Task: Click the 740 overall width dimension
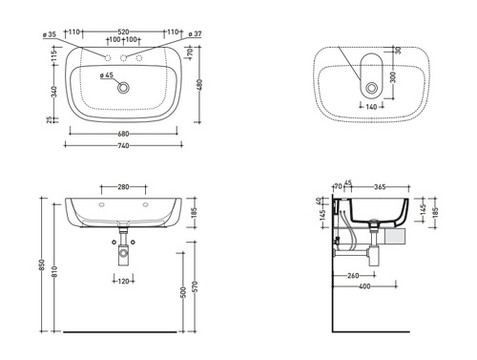(x=123, y=145)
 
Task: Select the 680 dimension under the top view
(x=123, y=134)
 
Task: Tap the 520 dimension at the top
(x=123, y=32)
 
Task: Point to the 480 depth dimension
(x=199, y=85)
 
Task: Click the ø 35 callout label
(x=50, y=34)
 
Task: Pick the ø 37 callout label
(x=195, y=33)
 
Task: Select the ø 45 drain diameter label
(x=107, y=75)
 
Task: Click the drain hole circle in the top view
(x=123, y=87)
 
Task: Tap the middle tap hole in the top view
(x=123, y=58)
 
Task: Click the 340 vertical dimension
(x=54, y=92)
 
